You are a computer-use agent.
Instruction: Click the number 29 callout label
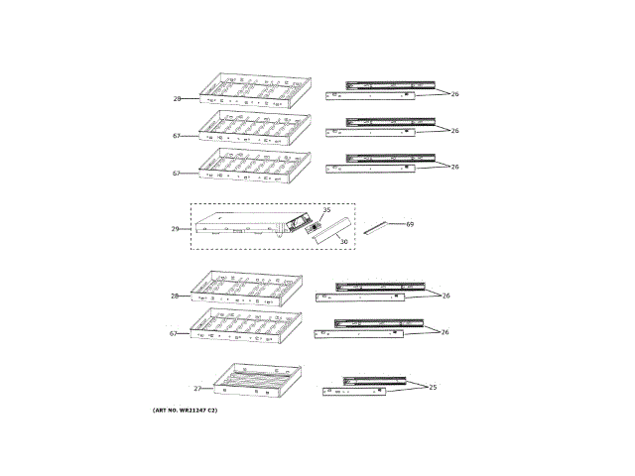click(x=175, y=229)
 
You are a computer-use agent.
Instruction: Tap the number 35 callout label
click(x=326, y=210)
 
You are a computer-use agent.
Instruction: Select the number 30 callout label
click(x=343, y=241)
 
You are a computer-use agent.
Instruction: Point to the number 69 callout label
click(x=409, y=224)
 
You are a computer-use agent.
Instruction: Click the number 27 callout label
click(x=197, y=389)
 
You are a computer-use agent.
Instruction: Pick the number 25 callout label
click(x=432, y=387)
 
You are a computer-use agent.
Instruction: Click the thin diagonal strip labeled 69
click(x=378, y=228)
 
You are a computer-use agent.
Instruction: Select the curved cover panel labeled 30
click(x=328, y=229)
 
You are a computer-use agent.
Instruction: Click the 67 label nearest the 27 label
click(x=174, y=334)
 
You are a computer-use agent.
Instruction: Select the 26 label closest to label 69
click(x=454, y=167)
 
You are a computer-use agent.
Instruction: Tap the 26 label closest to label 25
click(x=445, y=332)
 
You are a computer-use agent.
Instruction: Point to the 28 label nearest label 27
click(x=175, y=297)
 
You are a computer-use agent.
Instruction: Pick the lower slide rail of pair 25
click(x=354, y=393)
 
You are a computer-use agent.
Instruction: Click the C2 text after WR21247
click(x=210, y=411)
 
